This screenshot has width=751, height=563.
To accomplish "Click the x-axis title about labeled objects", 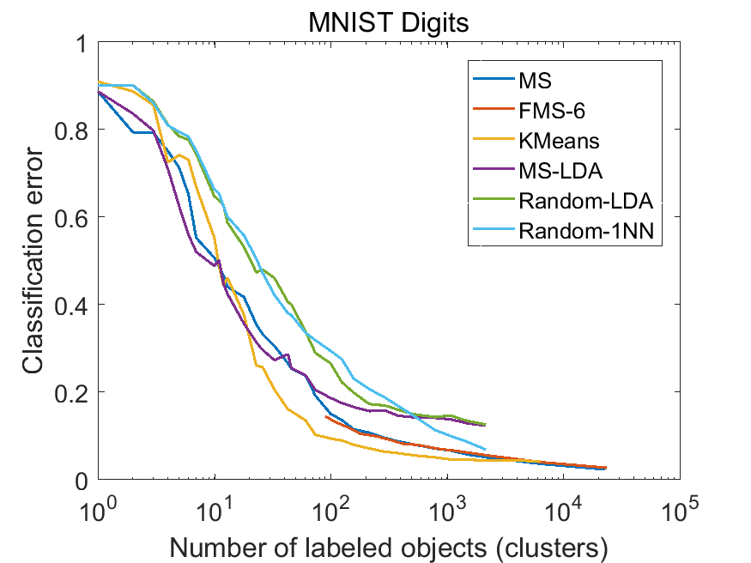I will coord(389,544).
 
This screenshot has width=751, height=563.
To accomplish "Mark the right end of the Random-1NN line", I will coord(486,449).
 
